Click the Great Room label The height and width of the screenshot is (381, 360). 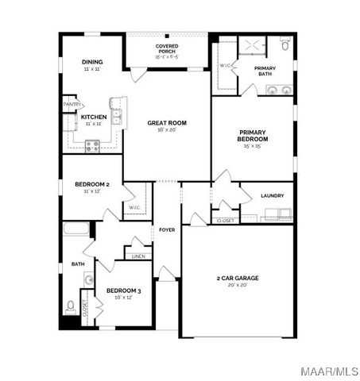[x=166, y=123]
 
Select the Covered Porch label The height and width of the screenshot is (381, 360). [x=166, y=48]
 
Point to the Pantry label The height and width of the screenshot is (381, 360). [x=72, y=104]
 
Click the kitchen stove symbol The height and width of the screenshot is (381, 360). [x=91, y=146]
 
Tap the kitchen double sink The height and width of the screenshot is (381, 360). [x=116, y=117]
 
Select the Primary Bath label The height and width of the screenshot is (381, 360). [x=265, y=69]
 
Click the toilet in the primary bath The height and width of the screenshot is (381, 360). [x=286, y=48]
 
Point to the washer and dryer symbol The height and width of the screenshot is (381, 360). [x=278, y=213]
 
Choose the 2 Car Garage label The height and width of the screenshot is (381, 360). [x=238, y=278]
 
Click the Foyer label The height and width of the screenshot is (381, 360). [x=167, y=229]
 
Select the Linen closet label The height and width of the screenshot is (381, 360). [x=138, y=256]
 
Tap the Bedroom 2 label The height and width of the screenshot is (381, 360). [x=91, y=184]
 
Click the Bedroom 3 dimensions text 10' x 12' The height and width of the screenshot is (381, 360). [x=123, y=298]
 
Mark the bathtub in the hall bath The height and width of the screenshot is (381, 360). [x=77, y=230]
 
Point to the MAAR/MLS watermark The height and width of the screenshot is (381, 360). [x=333, y=370]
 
